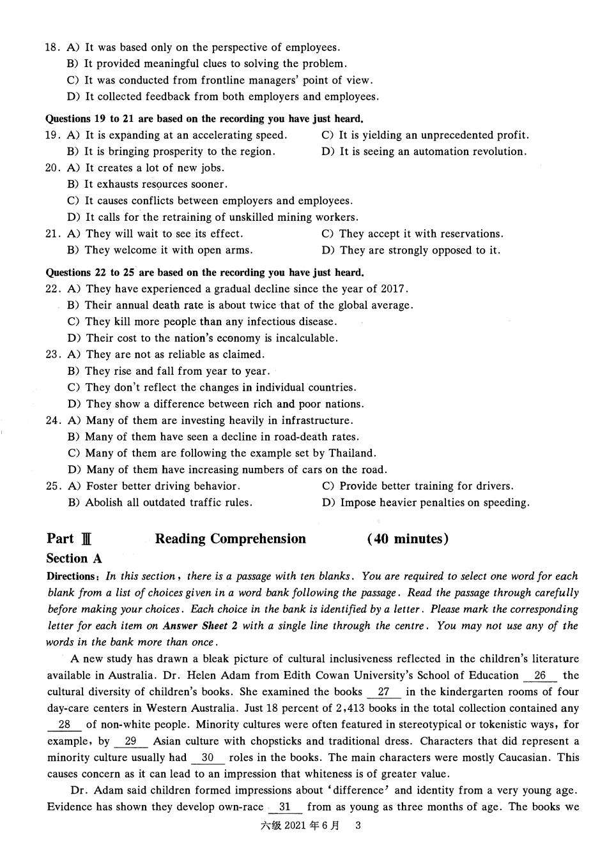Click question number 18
52,47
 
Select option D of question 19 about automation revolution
424,152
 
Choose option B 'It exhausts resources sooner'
147,184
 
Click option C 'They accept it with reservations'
412,234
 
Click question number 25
52,486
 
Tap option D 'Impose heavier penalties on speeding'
426,503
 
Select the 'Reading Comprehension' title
230,539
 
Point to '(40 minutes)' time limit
408,539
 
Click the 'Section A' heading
74,559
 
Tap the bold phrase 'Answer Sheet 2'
200,626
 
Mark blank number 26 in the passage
540,675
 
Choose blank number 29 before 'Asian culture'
130,741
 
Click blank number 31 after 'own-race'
285,807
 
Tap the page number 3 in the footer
358,825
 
